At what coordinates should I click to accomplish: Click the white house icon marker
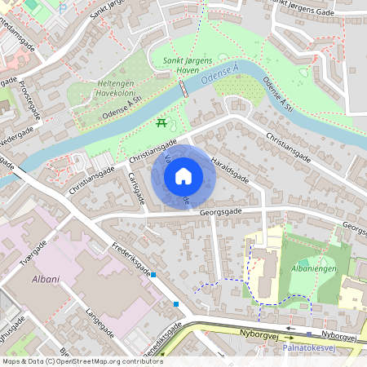(183, 176)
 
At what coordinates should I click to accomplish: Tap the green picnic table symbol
(161, 123)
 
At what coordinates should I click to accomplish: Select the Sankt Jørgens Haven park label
(188, 64)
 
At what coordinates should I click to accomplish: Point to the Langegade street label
(98, 322)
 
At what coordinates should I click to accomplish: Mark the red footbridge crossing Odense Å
(183, 88)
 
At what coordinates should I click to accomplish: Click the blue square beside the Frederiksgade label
(153, 275)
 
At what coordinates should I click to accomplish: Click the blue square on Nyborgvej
(309, 332)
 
